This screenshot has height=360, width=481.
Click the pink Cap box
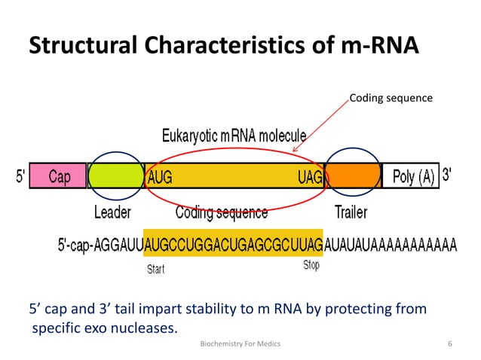pyautogui.click(x=59, y=176)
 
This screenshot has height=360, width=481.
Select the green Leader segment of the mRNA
pyautogui.click(x=116, y=176)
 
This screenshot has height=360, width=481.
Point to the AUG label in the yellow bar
pyautogui.click(x=160, y=177)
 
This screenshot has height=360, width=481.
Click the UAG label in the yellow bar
pyautogui.click(x=310, y=177)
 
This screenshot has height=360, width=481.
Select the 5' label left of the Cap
pyautogui.click(x=20, y=177)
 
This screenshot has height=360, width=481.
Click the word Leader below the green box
pyautogui.click(x=112, y=212)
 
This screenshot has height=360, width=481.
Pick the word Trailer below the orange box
pyautogui.click(x=351, y=212)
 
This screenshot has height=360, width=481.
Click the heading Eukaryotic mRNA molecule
pyautogui.click(x=234, y=136)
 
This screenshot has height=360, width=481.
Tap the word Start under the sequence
pyautogui.click(x=155, y=268)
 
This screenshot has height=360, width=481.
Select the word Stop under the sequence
pyautogui.click(x=311, y=266)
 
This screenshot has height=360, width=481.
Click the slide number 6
pyautogui.click(x=450, y=344)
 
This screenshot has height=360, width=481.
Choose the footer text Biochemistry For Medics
pyautogui.click(x=240, y=344)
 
